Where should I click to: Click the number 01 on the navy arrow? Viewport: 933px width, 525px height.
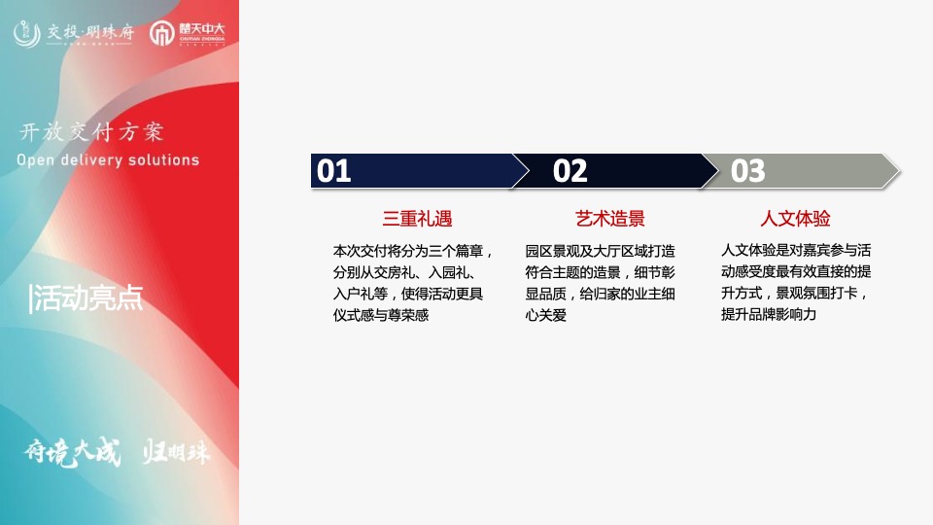coord(334,171)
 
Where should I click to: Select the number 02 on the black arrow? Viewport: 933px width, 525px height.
coord(570,171)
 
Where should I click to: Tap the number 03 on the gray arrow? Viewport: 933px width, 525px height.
coord(748,171)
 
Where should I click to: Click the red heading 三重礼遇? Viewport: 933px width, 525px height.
coord(418,219)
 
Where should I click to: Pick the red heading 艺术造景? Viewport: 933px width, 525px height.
coord(610,219)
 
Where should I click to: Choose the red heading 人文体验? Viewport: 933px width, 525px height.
coord(795,219)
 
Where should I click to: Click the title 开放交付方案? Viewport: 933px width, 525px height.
coord(91,132)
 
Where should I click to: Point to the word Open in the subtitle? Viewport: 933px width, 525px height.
coord(36,160)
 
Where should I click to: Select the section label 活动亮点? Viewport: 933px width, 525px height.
coord(86,298)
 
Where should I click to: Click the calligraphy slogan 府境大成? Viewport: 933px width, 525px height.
coord(73,453)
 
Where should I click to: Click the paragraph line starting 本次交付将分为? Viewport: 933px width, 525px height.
coord(414,250)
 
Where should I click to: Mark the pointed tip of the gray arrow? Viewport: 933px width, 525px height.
coord(900,171)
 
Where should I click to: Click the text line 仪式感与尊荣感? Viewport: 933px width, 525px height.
coord(381,315)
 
